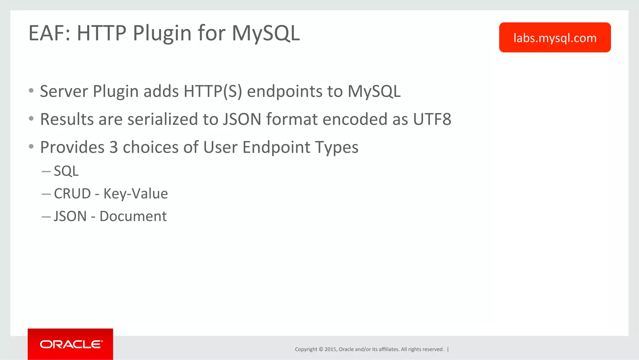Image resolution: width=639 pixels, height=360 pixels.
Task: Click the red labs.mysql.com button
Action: tap(555, 37)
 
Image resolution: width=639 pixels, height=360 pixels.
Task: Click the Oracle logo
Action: tap(71, 344)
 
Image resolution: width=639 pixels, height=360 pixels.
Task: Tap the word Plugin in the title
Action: tap(162, 33)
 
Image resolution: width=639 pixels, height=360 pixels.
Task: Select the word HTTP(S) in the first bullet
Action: tap(213, 91)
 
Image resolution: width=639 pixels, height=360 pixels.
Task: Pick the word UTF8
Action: tap(432, 119)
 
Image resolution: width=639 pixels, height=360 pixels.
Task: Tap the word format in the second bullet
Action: tap(292, 119)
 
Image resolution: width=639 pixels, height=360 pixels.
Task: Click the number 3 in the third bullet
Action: tap(114, 147)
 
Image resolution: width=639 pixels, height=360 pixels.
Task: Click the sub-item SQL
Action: tap(66, 171)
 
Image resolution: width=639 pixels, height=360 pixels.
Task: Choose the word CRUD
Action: tap(72, 194)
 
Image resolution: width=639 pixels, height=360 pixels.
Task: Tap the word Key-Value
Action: tap(136, 194)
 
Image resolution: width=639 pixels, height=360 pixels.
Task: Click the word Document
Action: tap(133, 216)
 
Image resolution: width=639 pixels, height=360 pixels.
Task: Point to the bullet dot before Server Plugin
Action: tap(31, 91)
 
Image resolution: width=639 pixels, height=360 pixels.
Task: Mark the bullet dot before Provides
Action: tap(31, 146)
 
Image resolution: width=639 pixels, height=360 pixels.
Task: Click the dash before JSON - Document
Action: tap(46, 217)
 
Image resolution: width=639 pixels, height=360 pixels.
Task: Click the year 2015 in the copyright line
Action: tap(330, 349)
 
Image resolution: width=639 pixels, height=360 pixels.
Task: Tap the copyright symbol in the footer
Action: tap(321, 349)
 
